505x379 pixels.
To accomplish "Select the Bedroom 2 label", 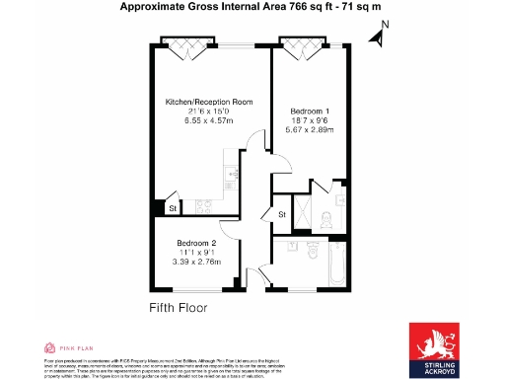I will (x=196, y=243).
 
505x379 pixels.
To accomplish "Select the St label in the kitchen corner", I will (x=172, y=208).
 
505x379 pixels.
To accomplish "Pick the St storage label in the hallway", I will (x=281, y=214).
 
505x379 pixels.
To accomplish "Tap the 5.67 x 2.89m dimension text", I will (x=311, y=128).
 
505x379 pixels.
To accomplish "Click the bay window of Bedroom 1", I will (x=299, y=44).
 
